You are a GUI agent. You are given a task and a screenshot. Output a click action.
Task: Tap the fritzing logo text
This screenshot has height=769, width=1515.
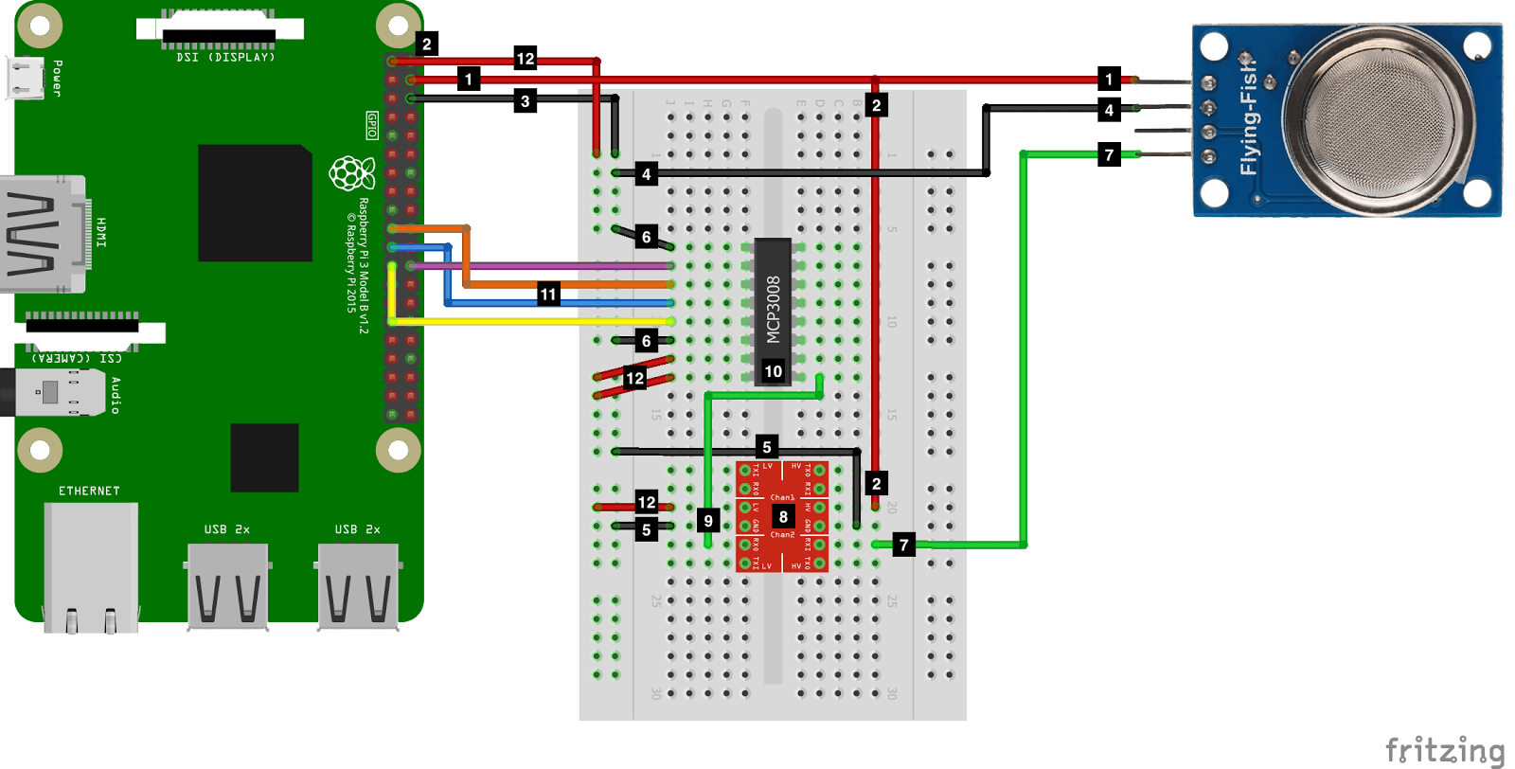[x=1444, y=750]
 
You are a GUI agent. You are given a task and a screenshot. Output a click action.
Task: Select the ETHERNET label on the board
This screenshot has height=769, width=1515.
[x=89, y=491]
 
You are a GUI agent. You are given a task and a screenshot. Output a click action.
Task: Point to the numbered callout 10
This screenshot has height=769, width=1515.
[x=773, y=371]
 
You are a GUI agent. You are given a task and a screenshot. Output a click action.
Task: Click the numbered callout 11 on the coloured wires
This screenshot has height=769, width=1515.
[x=548, y=295]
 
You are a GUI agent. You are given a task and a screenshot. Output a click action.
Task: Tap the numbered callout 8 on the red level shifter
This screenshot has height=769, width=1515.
[x=783, y=516]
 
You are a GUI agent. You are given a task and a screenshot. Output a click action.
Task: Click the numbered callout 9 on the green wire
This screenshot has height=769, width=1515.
[x=708, y=520]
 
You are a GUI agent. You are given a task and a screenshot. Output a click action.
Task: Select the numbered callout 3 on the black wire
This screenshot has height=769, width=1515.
[x=526, y=101]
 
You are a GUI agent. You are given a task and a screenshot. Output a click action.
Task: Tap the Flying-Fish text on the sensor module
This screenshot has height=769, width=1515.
[x=1250, y=118]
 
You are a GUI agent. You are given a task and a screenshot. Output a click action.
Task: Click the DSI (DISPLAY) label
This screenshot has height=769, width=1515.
[x=225, y=58]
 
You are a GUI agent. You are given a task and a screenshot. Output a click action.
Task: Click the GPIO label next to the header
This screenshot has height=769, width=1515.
[x=372, y=125]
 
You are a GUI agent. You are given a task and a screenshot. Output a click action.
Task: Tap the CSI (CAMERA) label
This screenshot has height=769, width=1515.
[x=77, y=358]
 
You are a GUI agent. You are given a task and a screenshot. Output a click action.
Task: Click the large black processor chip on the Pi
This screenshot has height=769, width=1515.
[x=255, y=203]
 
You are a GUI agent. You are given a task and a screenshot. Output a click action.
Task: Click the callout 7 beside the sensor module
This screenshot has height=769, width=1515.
[x=1109, y=154]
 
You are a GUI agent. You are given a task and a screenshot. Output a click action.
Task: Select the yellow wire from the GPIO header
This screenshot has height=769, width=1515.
[x=530, y=322]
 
